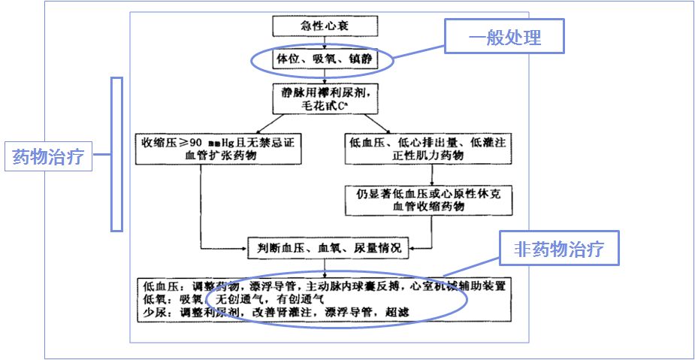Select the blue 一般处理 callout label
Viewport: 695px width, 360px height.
504,36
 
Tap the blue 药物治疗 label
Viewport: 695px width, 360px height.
49,158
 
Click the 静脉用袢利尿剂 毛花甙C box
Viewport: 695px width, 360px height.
324,98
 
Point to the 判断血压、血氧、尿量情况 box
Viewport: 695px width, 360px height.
327,247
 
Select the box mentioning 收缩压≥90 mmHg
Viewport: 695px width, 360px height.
219,148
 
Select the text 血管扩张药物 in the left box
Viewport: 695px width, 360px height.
219,156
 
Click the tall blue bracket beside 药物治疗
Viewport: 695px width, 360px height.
116,153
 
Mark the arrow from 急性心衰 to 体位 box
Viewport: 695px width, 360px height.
324,42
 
